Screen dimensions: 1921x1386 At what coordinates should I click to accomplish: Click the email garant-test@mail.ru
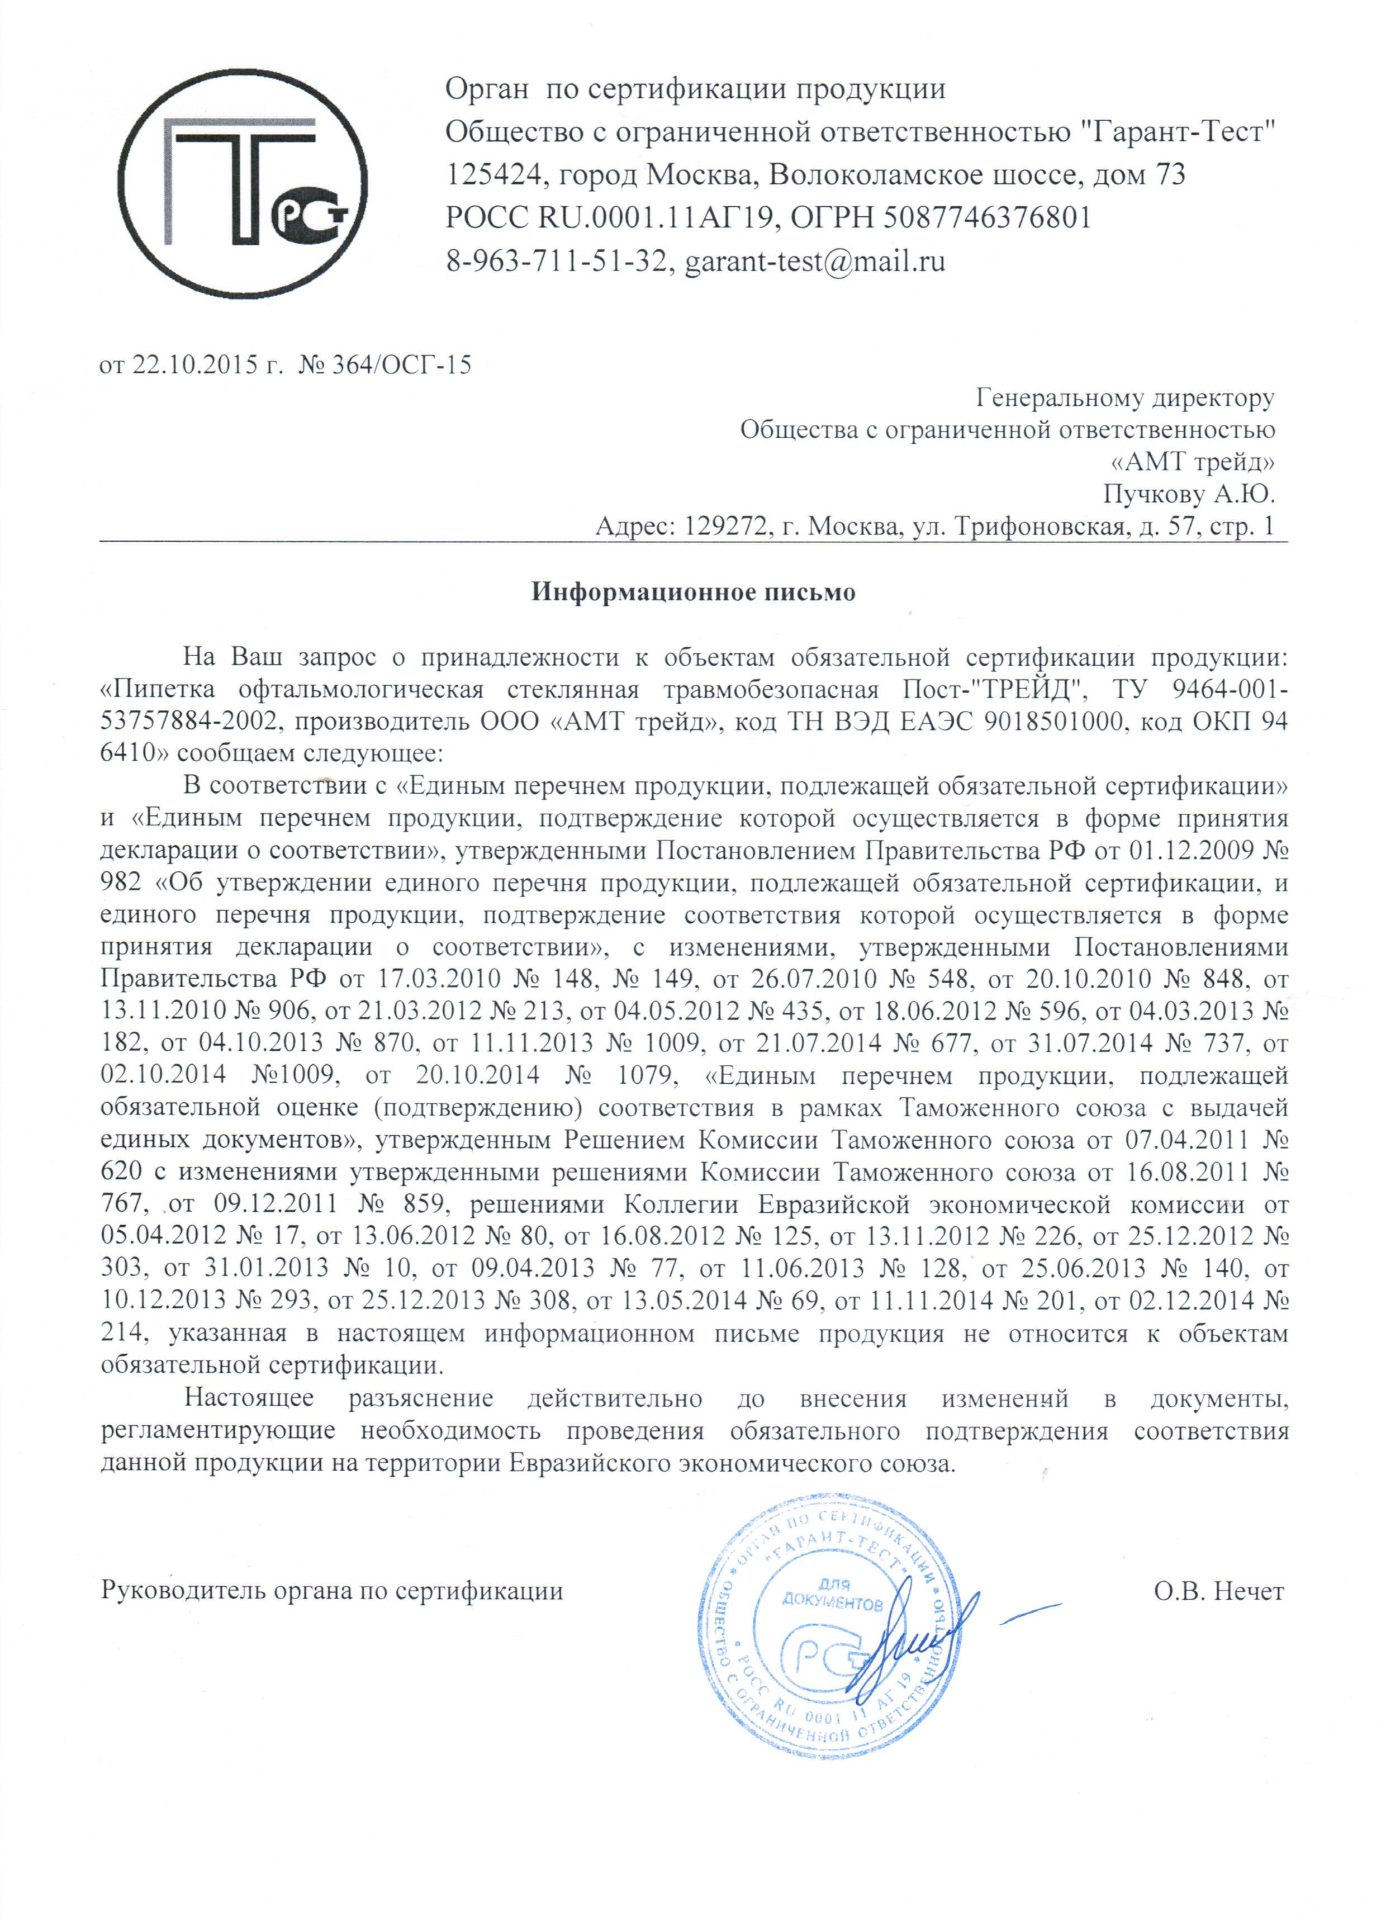(x=814, y=261)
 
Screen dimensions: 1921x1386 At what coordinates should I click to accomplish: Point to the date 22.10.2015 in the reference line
(x=193, y=365)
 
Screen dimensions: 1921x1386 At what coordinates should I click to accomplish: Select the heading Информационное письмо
(x=693, y=591)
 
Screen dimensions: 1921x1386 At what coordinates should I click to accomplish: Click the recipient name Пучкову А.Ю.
(x=1189, y=493)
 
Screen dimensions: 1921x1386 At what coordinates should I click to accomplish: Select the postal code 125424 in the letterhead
(x=490, y=176)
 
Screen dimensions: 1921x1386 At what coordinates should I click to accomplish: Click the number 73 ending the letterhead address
(x=1169, y=176)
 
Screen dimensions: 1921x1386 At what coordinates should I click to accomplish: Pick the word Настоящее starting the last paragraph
(x=249, y=1398)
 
